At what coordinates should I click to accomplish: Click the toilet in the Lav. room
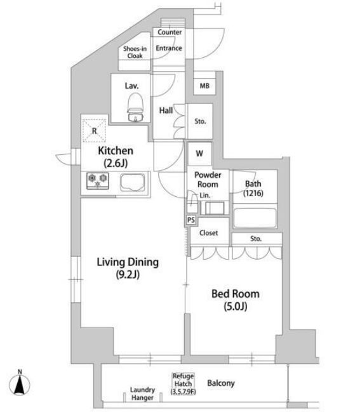[136, 107]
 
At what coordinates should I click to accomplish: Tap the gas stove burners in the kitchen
[98, 181]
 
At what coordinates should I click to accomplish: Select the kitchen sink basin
[133, 182]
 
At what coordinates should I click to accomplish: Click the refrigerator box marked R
[95, 131]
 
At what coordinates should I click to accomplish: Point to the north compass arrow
[20, 385]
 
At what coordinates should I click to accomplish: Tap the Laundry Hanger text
[142, 394]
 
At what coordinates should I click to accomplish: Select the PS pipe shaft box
[191, 220]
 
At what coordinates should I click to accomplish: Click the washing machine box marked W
[199, 154]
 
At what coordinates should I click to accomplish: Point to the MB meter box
[204, 86]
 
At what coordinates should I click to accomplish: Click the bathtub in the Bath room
[255, 218]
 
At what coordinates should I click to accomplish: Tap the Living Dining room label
[128, 268]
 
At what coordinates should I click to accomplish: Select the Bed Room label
[236, 300]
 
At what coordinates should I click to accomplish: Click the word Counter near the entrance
[170, 32]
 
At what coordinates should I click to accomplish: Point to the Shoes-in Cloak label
[135, 52]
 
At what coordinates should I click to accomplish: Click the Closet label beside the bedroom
[209, 233]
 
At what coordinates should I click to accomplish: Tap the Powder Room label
[208, 180]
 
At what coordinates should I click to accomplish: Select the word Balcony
[221, 383]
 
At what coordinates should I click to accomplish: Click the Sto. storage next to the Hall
[200, 121]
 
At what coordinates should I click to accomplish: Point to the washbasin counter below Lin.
[215, 208]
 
